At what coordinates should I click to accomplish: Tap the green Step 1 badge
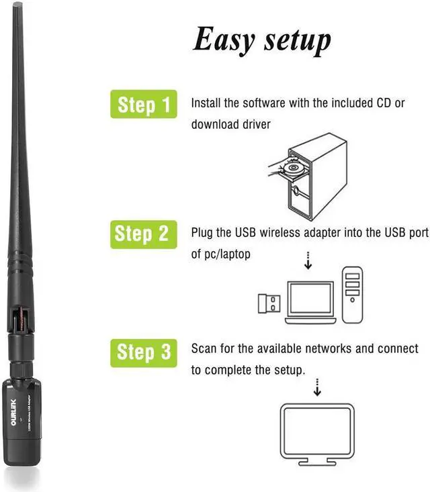pyautogui.click(x=144, y=105)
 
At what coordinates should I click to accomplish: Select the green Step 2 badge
pyautogui.click(x=144, y=234)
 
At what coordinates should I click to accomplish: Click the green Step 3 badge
pyautogui.click(x=144, y=352)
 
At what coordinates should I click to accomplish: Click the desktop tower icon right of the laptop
pyautogui.click(x=353, y=295)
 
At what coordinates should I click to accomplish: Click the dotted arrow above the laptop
pyautogui.click(x=308, y=260)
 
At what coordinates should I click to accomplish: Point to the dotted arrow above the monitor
pyautogui.click(x=317, y=387)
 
